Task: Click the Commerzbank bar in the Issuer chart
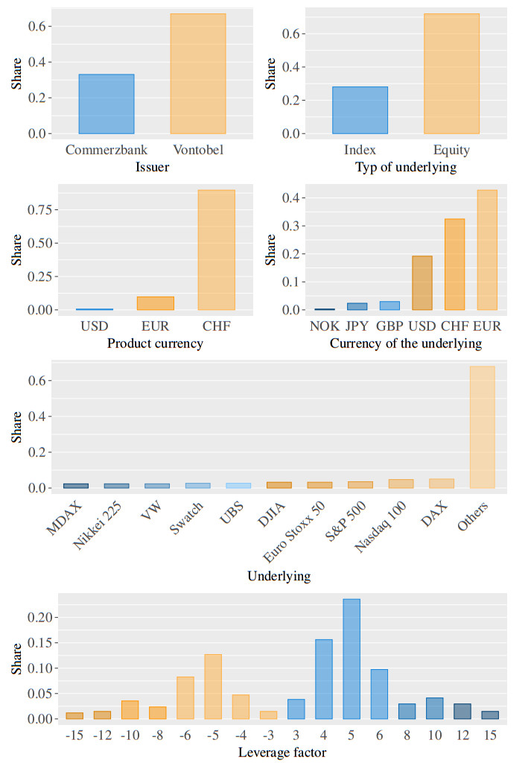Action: click(106, 104)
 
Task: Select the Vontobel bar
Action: click(197, 74)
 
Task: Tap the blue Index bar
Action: click(360, 110)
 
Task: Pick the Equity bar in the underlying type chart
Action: click(451, 74)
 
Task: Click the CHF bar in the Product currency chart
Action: click(216, 250)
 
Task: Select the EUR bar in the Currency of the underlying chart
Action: click(487, 250)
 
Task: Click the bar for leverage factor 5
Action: click(351, 659)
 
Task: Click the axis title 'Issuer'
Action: click(152, 168)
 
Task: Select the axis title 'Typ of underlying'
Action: click(406, 168)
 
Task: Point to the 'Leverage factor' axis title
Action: click(282, 753)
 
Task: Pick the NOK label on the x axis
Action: click(324, 326)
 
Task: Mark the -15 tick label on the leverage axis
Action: click(74, 735)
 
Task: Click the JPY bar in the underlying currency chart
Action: click(357, 306)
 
